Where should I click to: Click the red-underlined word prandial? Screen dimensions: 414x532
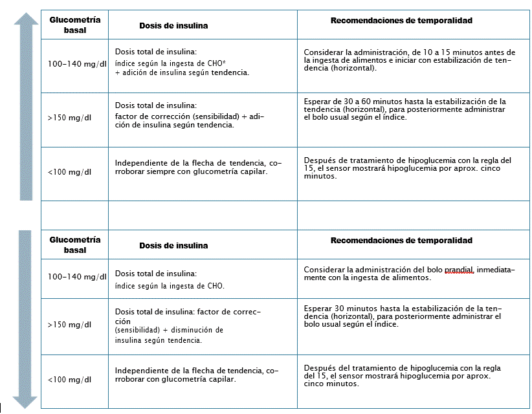pyautogui.click(x=460, y=270)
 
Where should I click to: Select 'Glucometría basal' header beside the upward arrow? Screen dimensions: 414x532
pyautogui.click(x=74, y=25)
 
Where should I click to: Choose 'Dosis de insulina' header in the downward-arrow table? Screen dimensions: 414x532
pyautogui.click(x=173, y=246)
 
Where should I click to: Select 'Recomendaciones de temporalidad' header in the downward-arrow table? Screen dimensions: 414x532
pyautogui.click(x=401, y=241)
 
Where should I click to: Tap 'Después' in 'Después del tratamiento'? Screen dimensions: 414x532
pyautogui.click(x=318, y=368)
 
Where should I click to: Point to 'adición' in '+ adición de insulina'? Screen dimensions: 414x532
pyautogui.click(x=135, y=73)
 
